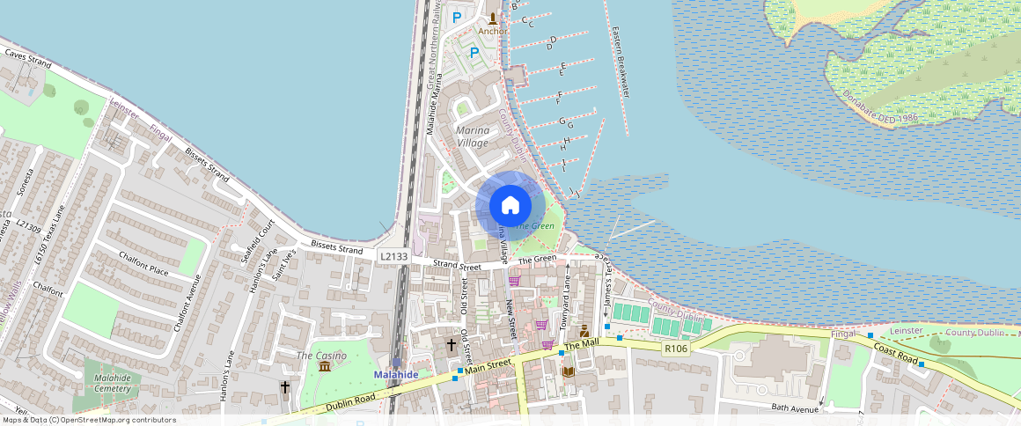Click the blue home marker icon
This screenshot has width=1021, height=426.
tap(510, 206)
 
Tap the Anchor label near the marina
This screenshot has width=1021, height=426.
tap(492, 32)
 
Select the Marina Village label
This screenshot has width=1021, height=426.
tap(473, 136)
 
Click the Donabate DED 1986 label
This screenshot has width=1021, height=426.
tap(880, 106)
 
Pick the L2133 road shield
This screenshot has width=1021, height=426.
tap(393, 255)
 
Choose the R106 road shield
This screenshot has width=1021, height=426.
tap(675, 349)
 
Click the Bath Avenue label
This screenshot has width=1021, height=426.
tap(795, 408)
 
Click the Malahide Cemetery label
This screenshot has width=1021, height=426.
tap(112, 383)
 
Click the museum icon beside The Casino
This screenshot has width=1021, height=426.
tap(325, 365)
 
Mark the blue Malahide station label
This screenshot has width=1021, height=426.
tap(396, 374)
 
